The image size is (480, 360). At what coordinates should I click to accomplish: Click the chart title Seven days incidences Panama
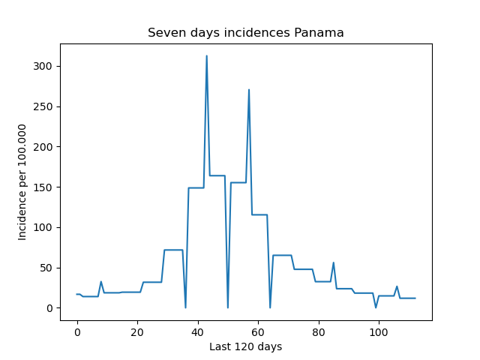[246, 32]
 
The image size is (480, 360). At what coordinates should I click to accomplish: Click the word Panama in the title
[319, 32]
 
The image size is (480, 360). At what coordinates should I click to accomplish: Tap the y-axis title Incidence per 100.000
[22, 182]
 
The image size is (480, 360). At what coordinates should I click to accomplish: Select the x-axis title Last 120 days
[245, 346]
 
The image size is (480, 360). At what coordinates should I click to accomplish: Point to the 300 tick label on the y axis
[43, 66]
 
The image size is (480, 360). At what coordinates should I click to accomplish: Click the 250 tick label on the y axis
[43, 106]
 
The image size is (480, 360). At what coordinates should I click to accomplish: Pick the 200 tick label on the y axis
[43, 147]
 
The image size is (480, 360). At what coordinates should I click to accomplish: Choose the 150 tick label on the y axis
[43, 187]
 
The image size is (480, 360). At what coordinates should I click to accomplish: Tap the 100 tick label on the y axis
[43, 227]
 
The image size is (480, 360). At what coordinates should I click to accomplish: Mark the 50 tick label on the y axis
[46, 268]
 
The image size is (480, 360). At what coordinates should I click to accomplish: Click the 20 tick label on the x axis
[137, 332]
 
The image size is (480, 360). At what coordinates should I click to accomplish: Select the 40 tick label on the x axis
[198, 332]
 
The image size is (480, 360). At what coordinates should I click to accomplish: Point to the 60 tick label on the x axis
[258, 332]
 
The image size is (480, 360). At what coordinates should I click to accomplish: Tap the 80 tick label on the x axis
[319, 332]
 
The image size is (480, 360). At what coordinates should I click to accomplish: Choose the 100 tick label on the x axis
[379, 332]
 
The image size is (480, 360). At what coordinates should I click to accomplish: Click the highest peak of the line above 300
[207, 55]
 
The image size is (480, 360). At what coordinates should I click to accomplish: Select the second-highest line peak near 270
[249, 89]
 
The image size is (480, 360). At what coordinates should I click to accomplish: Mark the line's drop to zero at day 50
[228, 307]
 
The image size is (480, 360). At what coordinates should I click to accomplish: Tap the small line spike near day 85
[333, 262]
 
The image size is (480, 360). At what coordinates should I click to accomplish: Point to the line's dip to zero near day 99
[376, 307]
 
